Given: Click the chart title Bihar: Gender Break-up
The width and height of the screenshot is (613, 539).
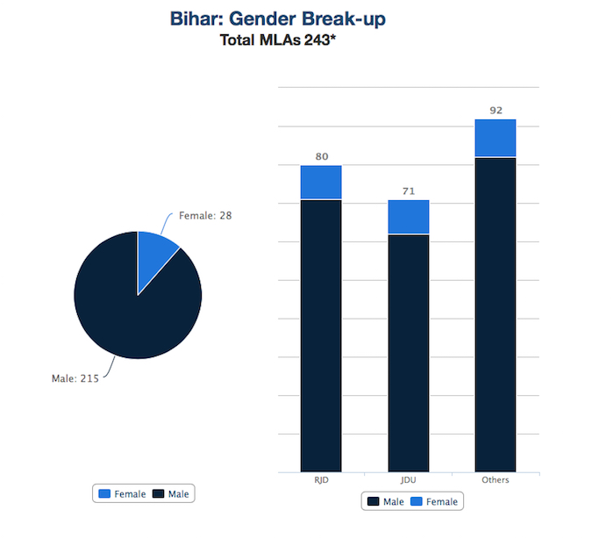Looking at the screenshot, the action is pyautogui.click(x=278, y=18).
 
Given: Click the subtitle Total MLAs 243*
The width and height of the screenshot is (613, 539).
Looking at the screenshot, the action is pyautogui.click(x=278, y=40).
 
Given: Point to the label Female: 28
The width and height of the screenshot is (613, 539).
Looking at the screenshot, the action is pyautogui.click(x=205, y=216).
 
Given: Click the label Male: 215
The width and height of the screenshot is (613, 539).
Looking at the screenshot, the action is pyautogui.click(x=75, y=378).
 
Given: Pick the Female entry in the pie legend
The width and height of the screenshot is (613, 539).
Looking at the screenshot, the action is pyautogui.click(x=122, y=494).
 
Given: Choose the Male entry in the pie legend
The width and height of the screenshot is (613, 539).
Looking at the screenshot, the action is pyautogui.click(x=171, y=494).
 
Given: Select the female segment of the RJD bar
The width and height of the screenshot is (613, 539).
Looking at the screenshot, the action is pyautogui.click(x=321, y=183).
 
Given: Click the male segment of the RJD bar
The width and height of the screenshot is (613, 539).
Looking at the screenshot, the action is pyautogui.click(x=321, y=336).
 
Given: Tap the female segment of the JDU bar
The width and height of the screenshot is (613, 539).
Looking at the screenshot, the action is pyautogui.click(x=409, y=217).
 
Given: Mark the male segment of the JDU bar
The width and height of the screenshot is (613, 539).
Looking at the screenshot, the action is pyautogui.click(x=409, y=353).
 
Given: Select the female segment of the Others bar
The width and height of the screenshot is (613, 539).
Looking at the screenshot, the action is pyautogui.click(x=495, y=138).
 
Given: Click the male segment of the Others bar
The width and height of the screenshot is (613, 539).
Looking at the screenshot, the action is pyautogui.click(x=495, y=315).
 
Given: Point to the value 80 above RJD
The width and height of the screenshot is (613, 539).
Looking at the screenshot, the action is pyautogui.click(x=322, y=156).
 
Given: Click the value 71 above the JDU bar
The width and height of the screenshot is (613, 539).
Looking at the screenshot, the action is pyautogui.click(x=409, y=191).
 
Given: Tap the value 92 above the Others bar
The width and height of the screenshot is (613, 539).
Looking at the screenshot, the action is pyautogui.click(x=496, y=111).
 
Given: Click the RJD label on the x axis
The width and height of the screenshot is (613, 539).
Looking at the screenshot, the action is pyautogui.click(x=321, y=480).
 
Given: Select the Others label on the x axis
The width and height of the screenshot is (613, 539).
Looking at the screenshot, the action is pyautogui.click(x=495, y=480).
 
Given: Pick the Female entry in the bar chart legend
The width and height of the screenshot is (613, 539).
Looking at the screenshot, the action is pyautogui.click(x=434, y=502).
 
